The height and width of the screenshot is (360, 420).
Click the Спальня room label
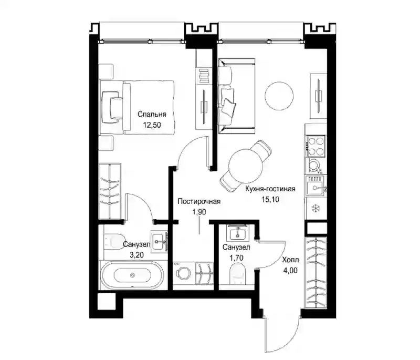tap(152, 115)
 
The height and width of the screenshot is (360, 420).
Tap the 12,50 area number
tap(152, 125)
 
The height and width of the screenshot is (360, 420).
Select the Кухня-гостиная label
tap(270, 189)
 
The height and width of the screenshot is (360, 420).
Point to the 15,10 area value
tap(270, 199)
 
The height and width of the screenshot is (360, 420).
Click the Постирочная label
tap(199, 201)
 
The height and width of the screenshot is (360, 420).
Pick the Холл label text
tap(290, 260)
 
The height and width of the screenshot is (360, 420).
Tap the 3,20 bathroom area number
tap(136, 255)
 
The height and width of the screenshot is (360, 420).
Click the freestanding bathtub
tap(132, 275)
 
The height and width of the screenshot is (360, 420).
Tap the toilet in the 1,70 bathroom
tap(238, 273)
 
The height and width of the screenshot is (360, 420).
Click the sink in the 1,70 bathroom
tap(238, 232)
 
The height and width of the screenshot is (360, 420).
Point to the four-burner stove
tap(316, 146)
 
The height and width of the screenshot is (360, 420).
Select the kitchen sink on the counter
tap(316, 186)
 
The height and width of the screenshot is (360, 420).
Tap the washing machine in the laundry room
tap(183, 273)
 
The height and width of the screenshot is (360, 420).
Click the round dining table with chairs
tap(246, 166)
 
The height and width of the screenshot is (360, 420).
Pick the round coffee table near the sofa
tap(279, 96)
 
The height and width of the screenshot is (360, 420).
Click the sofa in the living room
tap(236, 96)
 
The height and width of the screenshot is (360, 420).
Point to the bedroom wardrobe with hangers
tap(110, 191)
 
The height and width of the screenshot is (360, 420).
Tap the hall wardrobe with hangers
tap(316, 272)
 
